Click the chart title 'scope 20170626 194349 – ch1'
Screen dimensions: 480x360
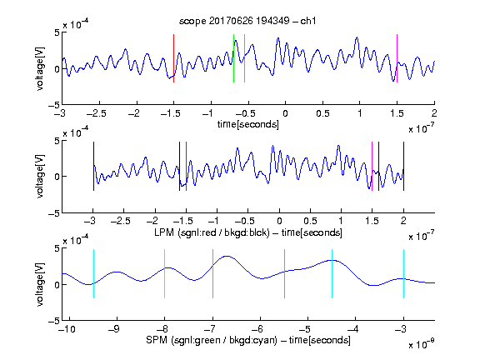click(x=247, y=21)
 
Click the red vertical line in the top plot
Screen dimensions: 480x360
click(x=174, y=58)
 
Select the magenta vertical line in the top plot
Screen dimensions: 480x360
click(x=397, y=58)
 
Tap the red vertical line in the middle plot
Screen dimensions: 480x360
click(x=186, y=166)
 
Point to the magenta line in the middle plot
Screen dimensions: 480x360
click(x=372, y=166)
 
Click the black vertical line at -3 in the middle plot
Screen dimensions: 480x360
click(x=93, y=166)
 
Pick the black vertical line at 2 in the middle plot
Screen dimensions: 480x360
click(x=403, y=166)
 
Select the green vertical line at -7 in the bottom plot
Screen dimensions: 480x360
click(x=212, y=273)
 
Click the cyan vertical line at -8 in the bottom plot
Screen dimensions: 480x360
click(x=165, y=273)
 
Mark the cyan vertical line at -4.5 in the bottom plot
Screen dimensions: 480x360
click(x=332, y=273)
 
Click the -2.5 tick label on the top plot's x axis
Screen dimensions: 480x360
click(x=96, y=113)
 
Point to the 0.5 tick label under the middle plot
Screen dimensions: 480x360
click(x=310, y=221)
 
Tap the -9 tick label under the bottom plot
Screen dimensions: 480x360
click(x=114, y=329)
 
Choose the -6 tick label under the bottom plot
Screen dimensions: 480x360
click(x=257, y=329)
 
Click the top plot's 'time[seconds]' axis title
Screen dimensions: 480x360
click(x=248, y=124)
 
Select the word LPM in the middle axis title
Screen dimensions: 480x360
click(x=164, y=232)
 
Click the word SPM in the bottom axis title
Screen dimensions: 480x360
click(x=157, y=340)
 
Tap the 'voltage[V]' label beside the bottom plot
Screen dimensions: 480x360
click(x=40, y=284)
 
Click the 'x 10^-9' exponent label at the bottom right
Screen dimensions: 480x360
click(x=421, y=344)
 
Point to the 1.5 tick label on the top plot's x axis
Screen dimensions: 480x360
click(x=397, y=113)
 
